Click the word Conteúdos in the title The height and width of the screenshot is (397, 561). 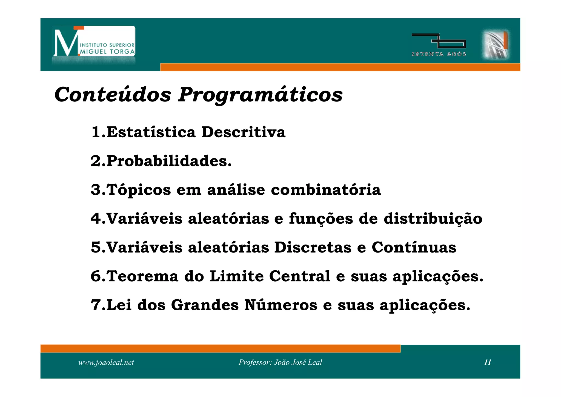113,95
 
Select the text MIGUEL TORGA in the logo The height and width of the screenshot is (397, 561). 107,52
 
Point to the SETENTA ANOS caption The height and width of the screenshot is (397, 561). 439,54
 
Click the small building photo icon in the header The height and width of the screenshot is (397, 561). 495,45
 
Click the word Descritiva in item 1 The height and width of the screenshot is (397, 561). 243,132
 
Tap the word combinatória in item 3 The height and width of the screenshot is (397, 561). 326,190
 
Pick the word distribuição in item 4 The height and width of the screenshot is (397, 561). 433,219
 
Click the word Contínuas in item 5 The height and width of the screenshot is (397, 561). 414,248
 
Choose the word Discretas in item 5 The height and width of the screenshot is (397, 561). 313,248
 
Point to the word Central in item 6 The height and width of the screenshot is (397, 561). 300,276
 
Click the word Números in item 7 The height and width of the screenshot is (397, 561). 280,305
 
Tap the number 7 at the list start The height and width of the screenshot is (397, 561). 96,305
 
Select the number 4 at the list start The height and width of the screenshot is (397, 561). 96,219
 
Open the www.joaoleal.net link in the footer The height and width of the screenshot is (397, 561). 106,362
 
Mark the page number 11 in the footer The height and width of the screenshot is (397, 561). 488,362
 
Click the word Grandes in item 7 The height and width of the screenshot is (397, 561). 205,305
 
